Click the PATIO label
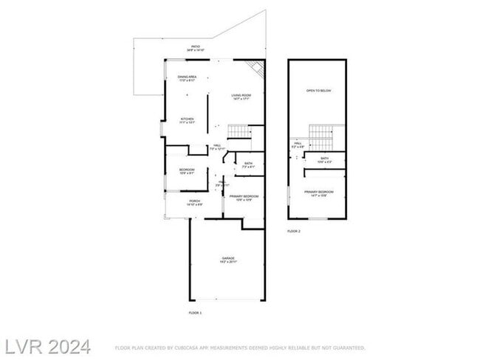coord(196,47)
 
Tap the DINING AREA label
coord(187,77)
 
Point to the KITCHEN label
coord(187,120)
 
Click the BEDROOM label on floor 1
coord(186,170)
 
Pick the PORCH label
coord(195,201)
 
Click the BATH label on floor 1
coord(248,165)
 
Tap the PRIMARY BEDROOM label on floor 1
coord(244,196)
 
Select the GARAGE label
coord(227,258)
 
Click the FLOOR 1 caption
coord(195,314)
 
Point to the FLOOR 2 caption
coord(294,232)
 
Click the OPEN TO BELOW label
coord(319,91)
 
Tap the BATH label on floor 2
coord(325,159)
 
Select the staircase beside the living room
coord(239,131)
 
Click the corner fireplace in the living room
coord(256,68)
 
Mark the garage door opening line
coord(227,299)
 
